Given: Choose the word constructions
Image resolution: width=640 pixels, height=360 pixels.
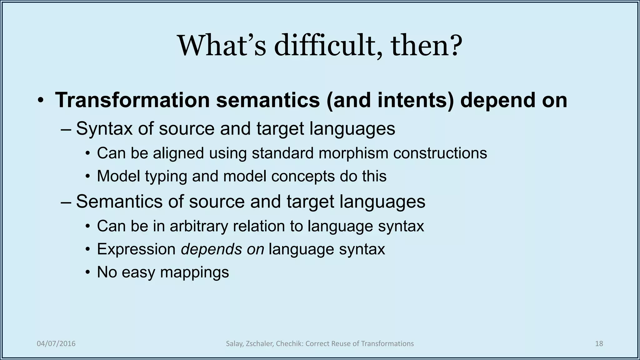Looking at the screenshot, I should click(440, 153).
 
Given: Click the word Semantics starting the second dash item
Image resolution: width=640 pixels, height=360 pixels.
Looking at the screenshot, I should click(119, 201).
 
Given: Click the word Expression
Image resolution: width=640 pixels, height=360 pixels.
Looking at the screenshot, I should click(136, 249).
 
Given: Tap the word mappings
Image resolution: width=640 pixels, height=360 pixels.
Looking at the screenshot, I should click(194, 272).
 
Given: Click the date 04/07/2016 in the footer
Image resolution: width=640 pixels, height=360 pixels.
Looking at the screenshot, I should click(56, 344).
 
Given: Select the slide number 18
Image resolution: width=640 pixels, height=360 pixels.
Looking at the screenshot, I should click(599, 344).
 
